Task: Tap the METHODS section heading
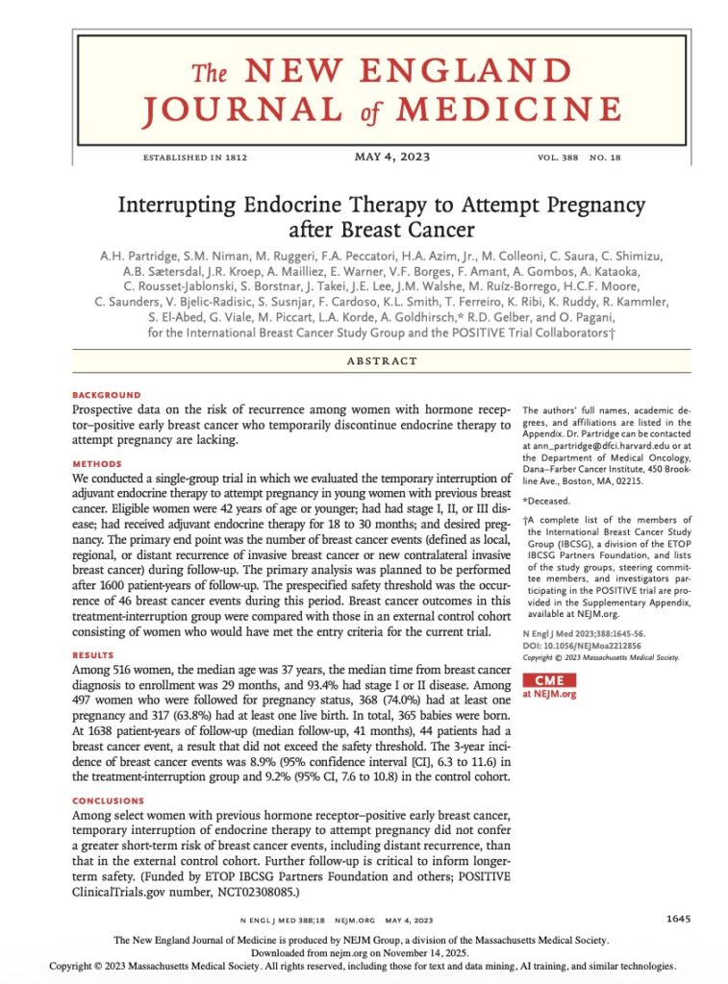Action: coord(97,463)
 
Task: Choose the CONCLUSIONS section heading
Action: coord(109,800)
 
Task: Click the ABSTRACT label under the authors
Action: coord(386,361)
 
